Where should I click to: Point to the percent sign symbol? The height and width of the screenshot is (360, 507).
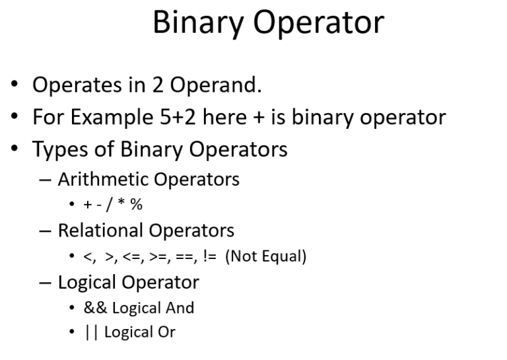(x=136, y=205)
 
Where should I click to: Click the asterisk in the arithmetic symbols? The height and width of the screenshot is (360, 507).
(x=121, y=204)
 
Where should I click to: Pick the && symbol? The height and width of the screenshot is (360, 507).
(x=96, y=308)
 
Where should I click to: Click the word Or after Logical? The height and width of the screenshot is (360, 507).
(x=166, y=332)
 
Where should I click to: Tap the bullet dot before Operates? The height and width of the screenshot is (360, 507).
(x=15, y=86)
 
